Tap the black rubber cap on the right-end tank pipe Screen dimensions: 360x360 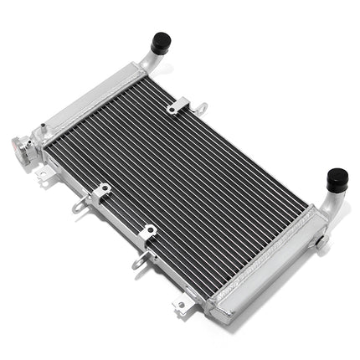pyautogui.click(x=337, y=178)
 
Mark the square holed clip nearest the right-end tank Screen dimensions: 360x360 pyautogui.click(x=149, y=232)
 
